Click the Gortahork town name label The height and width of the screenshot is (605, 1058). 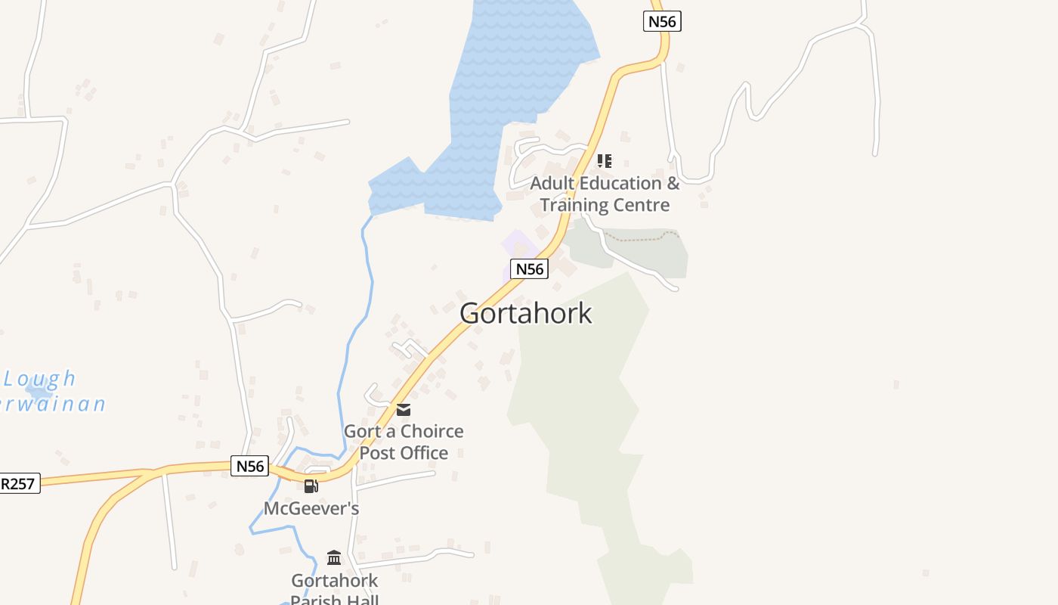pyautogui.click(x=526, y=313)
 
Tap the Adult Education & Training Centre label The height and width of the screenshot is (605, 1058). pyautogui.click(x=605, y=194)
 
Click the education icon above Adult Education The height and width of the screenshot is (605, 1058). pyautogui.click(x=604, y=160)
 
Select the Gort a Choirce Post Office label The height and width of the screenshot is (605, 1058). pyautogui.click(x=404, y=442)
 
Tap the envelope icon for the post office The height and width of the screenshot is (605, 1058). pyautogui.click(x=404, y=410)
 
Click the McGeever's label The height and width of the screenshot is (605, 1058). pyautogui.click(x=311, y=508)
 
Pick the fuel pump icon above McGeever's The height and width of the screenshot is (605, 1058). pyautogui.click(x=311, y=486)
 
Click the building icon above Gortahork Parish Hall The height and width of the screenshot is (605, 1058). pyautogui.click(x=334, y=557)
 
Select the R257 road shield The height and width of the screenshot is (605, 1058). pyautogui.click(x=18, y=483)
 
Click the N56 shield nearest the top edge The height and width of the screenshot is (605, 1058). pyautogui.click(x=663, y=21)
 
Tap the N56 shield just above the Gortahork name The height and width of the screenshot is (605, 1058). pyautogui.click(x=530, y=268)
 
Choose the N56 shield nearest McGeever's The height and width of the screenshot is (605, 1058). pyautogui.click(x=249, y=466)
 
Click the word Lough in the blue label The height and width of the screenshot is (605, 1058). pyautogui.click(x=40, y=378)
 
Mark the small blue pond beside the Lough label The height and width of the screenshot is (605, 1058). pyautogui.click(x=36, y=392)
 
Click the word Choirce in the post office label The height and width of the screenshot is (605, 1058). pyautogui.click(x=432, y=431)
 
